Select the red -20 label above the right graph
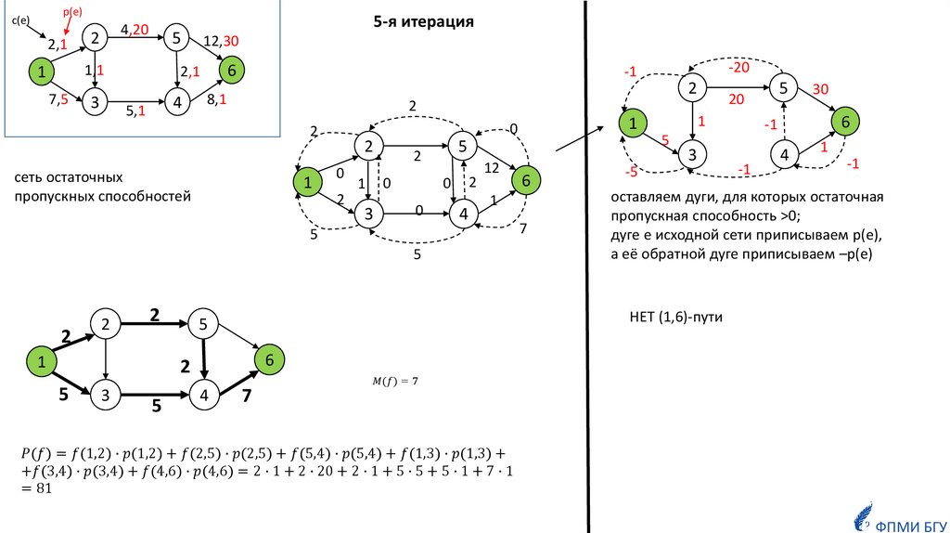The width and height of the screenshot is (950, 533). pyautogui.click(x=738, y=68)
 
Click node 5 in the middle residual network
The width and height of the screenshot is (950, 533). pyautogui.click(x=462, y=146)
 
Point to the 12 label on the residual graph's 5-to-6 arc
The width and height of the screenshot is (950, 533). pyautogui.click(x=493, y=167)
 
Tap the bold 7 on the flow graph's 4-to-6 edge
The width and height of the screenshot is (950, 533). pyautogui.click(x=247, y=397)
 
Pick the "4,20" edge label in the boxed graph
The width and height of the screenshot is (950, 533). pyautogui.click(x=135, y=31)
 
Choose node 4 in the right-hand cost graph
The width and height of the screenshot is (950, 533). pyautogui.click(x=784, y=155)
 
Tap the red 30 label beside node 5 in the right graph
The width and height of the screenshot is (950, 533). pyautogui.click(x=820, y=89)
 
